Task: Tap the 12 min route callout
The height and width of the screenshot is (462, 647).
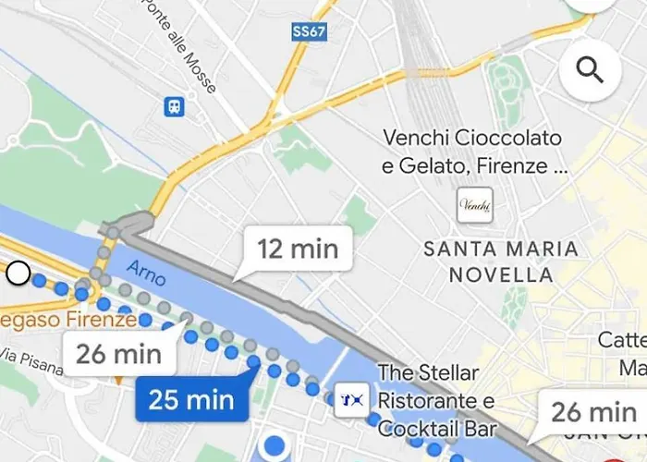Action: point(298,249)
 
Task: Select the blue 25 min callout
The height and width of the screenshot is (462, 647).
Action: point(190,400)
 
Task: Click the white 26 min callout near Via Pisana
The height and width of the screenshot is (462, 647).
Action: point(118,354)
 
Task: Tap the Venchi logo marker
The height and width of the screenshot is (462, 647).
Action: point(475,205)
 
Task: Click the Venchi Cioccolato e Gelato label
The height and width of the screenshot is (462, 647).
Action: point(472,152)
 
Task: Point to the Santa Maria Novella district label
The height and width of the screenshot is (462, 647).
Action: point(500,261)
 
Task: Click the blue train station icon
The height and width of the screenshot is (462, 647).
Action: point(174,107)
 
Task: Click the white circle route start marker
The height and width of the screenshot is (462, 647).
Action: point(18,274)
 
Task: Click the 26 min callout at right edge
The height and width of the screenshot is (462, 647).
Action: point(593,411)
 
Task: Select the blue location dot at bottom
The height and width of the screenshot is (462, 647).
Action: point(274,446)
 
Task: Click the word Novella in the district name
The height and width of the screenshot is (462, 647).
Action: point(501,274)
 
